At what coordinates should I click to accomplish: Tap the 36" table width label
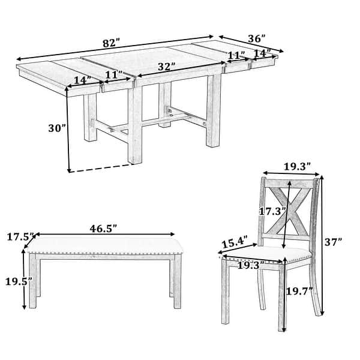pyautogui.click(x=256, y=38)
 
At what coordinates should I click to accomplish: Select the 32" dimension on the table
pyautogui.click(x=166, y=66)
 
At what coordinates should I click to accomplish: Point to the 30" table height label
pyautogui.click(x=56, y=128)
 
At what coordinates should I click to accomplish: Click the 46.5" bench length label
pyautogui.click(x=103, y=228)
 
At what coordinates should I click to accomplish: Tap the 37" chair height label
pyautogui.click(x=334, y=242)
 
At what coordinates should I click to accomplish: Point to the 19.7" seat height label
pyautogui.click(x=301, y=291)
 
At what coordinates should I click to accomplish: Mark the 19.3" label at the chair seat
pyautogui.click(x=250, y=264)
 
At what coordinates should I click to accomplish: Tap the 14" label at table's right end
pyautogui.click(x=262, y=53)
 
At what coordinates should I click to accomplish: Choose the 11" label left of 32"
pyautogui.click(x=113, y=75)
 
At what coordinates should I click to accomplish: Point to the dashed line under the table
pyautogui.click(x=99, y=167)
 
